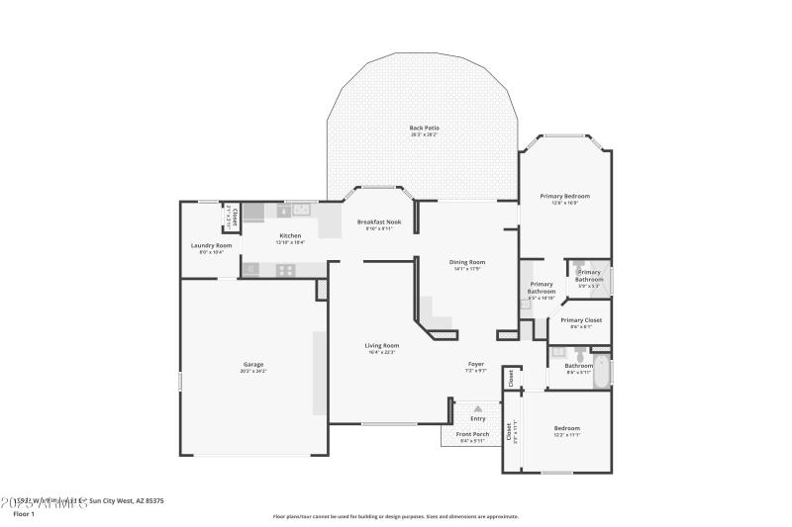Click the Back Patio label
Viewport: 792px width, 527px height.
click(424, 128)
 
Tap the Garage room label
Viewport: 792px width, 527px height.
click(253, 364)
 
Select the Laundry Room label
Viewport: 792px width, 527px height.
click(211, 245)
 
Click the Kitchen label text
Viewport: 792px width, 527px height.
click(290, 235)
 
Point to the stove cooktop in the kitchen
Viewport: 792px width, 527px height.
click(285, 269)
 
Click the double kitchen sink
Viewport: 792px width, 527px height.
click(301, 210)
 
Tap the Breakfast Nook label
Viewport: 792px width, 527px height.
click(379, 222)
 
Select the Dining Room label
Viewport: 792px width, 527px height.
click(466, 262)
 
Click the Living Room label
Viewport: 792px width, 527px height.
click(381, 345)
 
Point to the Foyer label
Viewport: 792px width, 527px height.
click(475, 364)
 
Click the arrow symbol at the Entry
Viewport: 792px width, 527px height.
click(478, 407)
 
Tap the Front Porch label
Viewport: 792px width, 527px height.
click(472, 434)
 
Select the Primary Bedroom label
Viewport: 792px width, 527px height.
click(564, 196)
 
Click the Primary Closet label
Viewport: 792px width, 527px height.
click(581, 320)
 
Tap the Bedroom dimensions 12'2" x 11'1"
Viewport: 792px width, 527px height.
click(567, 435)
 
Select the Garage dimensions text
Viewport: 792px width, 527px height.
click(253, 371)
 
